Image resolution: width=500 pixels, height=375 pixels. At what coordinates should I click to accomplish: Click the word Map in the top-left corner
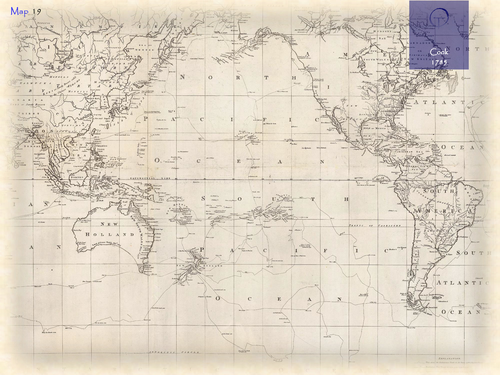pyautogui.click(x=17, y=11)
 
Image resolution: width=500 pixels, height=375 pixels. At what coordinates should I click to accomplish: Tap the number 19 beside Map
pyautogui.click(x=36, y=11)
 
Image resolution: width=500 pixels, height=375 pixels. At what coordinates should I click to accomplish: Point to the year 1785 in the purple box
pyautogui.click(x=440, y=62)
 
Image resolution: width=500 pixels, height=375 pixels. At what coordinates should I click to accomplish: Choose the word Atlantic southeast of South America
pyautogui.click(x=470, y=281)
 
